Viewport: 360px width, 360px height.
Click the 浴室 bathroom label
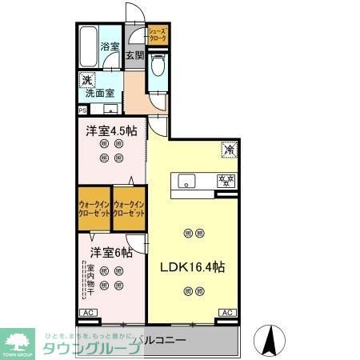tap(110, 47)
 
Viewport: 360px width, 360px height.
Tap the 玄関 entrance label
tap(134, 55)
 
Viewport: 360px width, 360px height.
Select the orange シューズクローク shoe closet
tap(158, 34)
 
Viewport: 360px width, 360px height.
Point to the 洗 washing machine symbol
tap(86, 80)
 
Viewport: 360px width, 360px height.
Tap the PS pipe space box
tap(82, 110)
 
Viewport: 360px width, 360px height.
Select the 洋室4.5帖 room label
tap(112, 130)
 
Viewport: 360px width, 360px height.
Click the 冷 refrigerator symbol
tap(228, 149)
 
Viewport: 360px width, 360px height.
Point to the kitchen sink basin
tap(186, 179)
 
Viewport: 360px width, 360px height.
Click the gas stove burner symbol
tap(226, 180)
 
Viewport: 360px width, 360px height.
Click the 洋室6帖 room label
tap(110, 253)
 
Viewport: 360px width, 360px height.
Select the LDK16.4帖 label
tap(193, 267)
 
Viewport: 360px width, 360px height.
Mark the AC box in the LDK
tap(226, 312)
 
